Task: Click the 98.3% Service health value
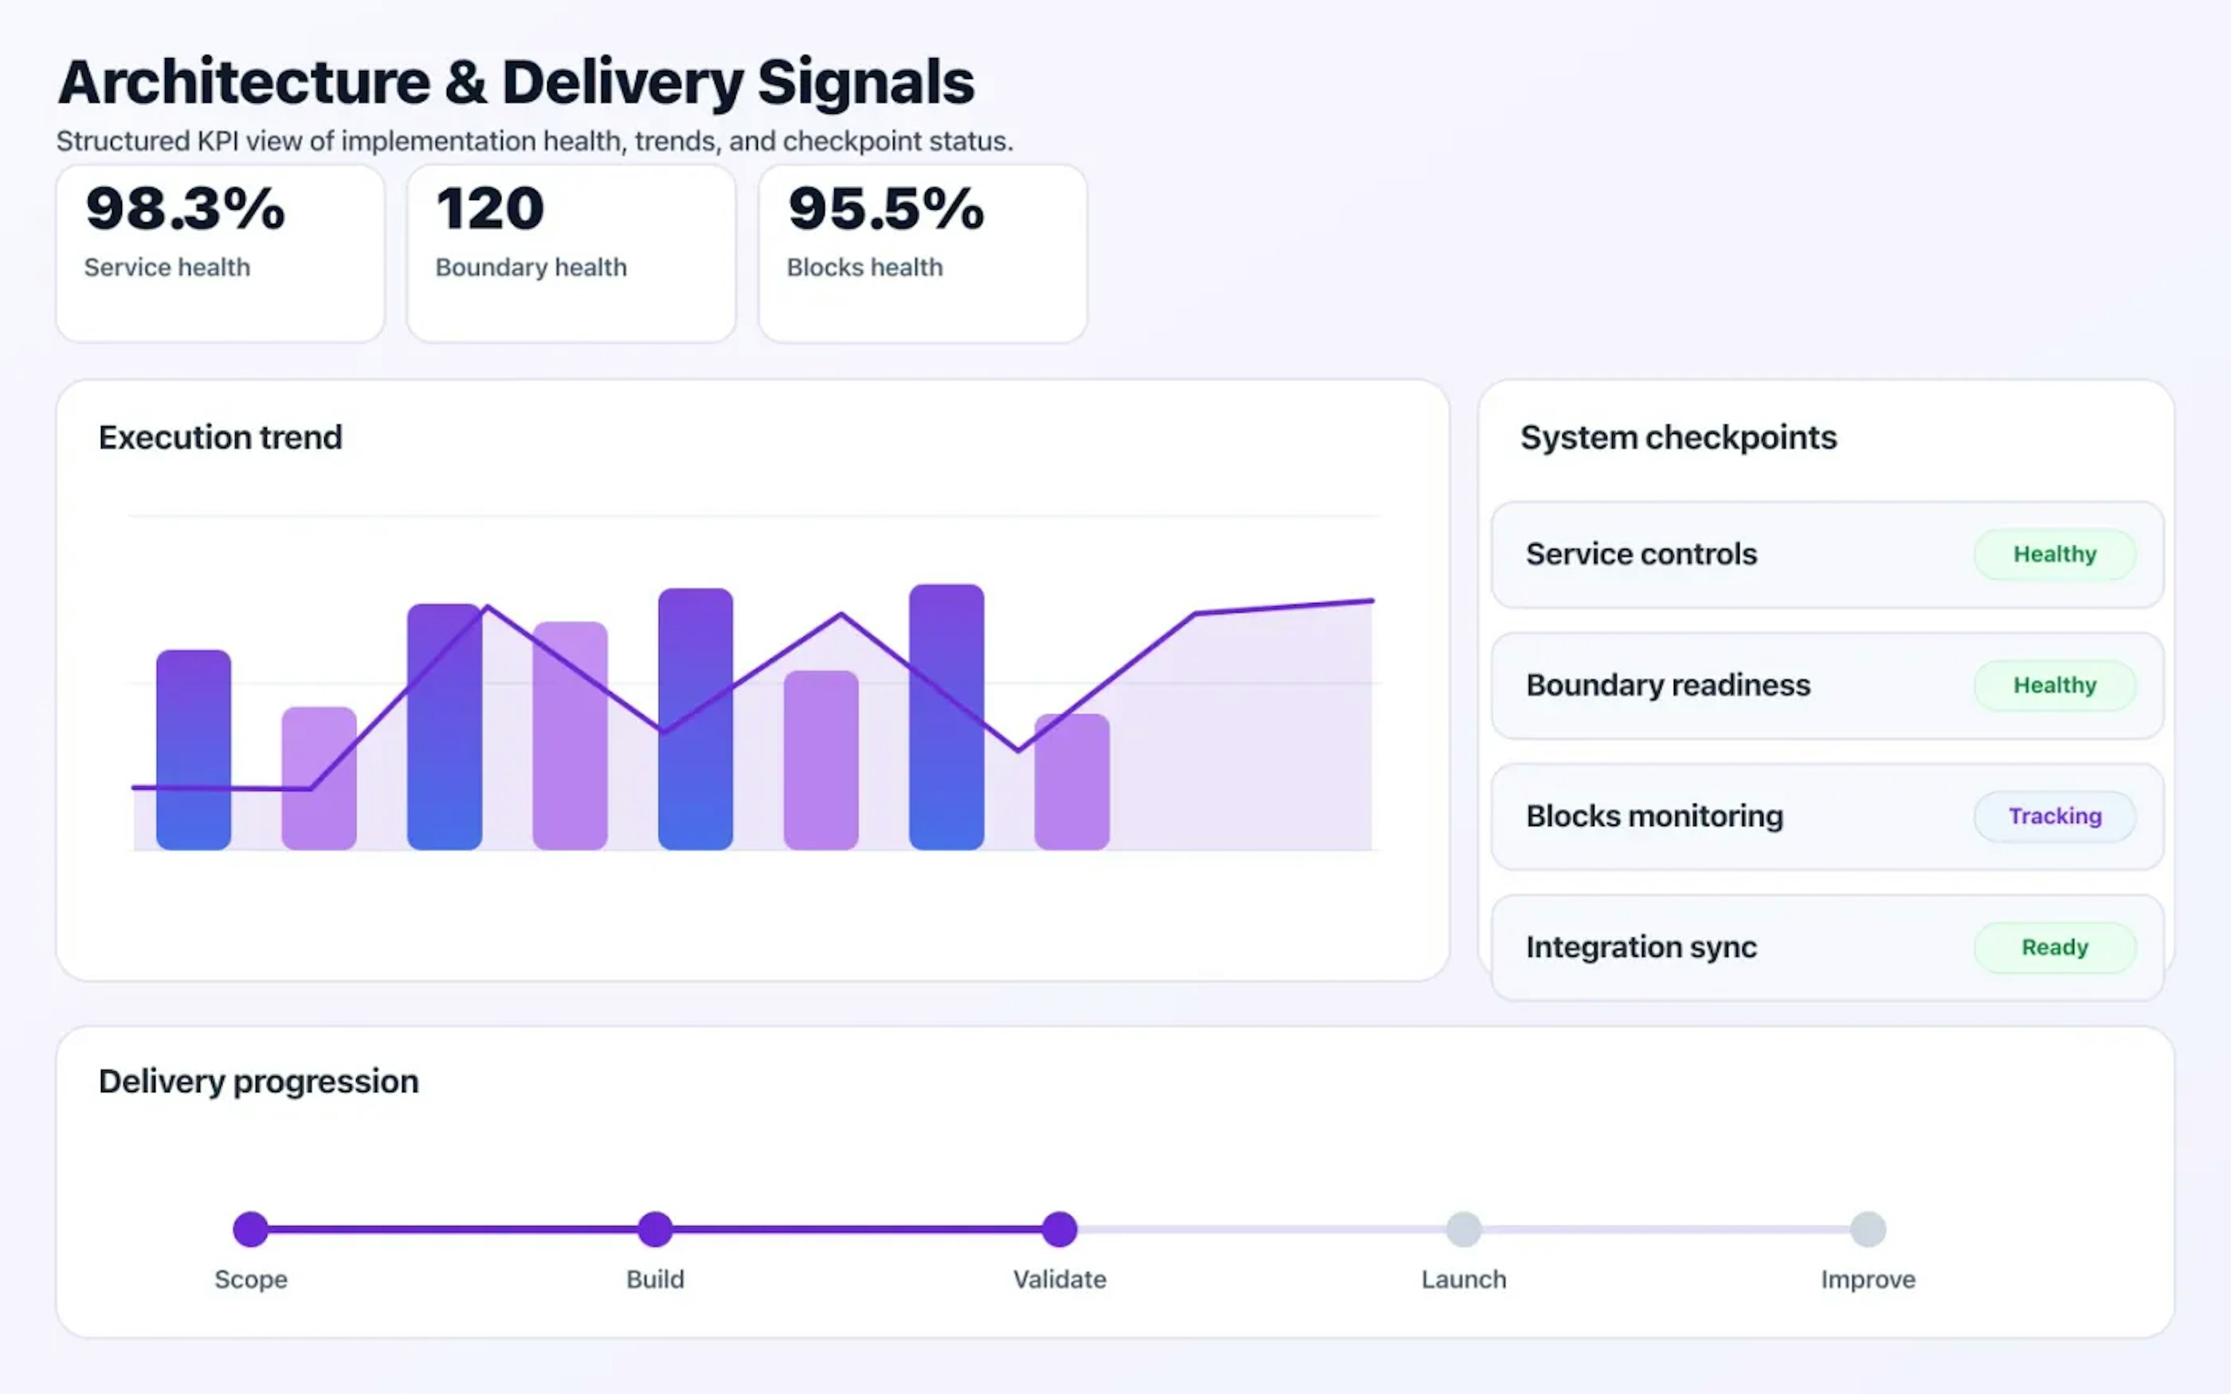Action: [x=185, y=209]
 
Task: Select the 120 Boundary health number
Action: [x=490, y=209]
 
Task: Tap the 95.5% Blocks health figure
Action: [x=886, y=209]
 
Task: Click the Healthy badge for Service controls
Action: [x=2054, y=554]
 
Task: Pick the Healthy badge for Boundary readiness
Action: [x=2054, y=685]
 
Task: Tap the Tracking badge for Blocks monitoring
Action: [x=2054, y=816]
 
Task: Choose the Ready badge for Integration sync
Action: [x=2054, y=947]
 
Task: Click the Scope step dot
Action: [x=251, y=1229]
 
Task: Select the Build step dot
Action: [x=655, y=1229]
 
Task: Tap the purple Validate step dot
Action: [x=1059, y=1229]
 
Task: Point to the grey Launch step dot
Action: [x=1463, y=1229]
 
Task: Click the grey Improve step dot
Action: [x=1868, y=1229]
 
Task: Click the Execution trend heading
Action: [x=220, y=437]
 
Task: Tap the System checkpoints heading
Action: [x=1678, y=437]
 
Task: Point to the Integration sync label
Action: [x=1641, y=947]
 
